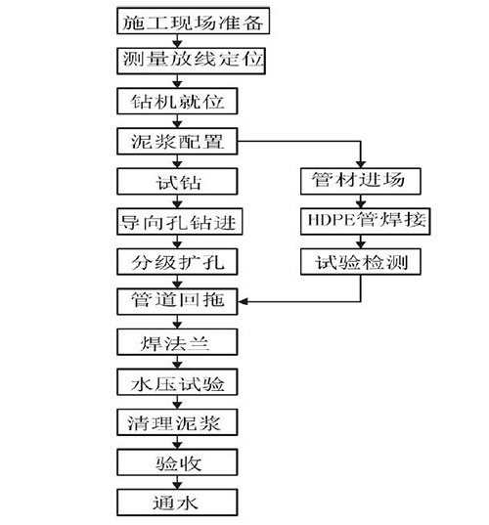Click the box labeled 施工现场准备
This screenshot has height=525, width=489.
[x=194, y=21]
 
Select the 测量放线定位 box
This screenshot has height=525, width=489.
[x=192, y=61]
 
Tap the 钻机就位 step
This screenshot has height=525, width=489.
[x=177, y=101]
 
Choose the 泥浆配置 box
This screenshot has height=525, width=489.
[x=177, y=141]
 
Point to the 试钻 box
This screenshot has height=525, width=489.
[x=177, y=181]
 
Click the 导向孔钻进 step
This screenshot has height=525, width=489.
[x=180, y=221]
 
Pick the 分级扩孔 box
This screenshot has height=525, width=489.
[x=177, y=261]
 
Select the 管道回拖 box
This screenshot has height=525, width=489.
[x=177, y=301]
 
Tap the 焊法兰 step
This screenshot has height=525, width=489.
[x=177, y=342]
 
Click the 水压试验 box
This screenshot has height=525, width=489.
[x=177, y=382]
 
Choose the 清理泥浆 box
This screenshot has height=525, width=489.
[x=177, y=422]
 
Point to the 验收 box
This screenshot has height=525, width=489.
[x=177, y=462]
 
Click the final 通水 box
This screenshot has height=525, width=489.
[x=177, y=503]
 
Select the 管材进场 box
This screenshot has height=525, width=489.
[x=361, y=181]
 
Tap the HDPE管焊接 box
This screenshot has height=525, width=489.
[x=366, y=221]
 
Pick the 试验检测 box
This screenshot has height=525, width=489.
[x=361, y=261]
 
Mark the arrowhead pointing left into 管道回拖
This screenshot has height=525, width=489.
[x=243, y=302]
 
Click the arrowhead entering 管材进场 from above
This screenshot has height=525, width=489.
[x=361, y=164]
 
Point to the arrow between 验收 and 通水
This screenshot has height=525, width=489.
[x=177, y=483]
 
